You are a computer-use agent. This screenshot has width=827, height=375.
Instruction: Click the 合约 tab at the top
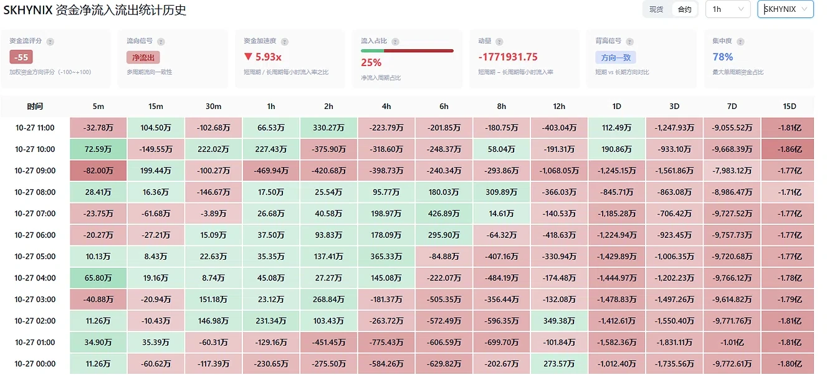[684, 9]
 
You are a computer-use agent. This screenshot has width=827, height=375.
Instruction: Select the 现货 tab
[656, 9]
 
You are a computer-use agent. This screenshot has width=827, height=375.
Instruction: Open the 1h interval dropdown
[728, 9]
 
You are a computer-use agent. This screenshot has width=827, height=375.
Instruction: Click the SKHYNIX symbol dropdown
[785, 9]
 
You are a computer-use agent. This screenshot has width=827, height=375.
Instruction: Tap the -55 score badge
[21, 57]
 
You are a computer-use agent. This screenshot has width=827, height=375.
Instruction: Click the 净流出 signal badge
[143, 57]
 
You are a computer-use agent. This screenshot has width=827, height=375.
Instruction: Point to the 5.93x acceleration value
[263, 57]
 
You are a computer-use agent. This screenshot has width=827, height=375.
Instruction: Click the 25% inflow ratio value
[371, 62]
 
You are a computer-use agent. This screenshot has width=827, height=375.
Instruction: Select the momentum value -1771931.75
[508, 57]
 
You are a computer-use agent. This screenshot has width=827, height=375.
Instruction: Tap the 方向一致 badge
[616, 57]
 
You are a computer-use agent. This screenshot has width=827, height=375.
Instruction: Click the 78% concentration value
[722, 57]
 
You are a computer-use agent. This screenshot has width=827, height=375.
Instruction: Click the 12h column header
[559, 107]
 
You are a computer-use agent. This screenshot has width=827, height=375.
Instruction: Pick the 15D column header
[790, 107]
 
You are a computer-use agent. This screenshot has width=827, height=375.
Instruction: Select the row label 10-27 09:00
[35, 171]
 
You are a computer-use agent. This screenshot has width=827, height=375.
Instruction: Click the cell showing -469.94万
[271, 171]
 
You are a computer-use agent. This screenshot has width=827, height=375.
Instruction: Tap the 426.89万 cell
[444, 213]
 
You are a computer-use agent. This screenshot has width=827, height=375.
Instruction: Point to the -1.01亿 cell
[732, 342]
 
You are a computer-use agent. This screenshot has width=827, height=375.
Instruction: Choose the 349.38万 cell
[559, 321]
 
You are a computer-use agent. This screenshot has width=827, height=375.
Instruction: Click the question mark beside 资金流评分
[50, 41]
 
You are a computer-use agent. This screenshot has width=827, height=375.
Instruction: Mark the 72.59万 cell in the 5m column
[98, 149]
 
